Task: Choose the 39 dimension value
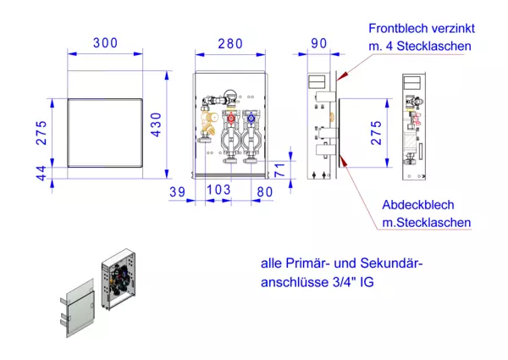coord(177,192)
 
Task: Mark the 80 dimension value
coord(263,192)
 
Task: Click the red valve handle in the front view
coord(229,119)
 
